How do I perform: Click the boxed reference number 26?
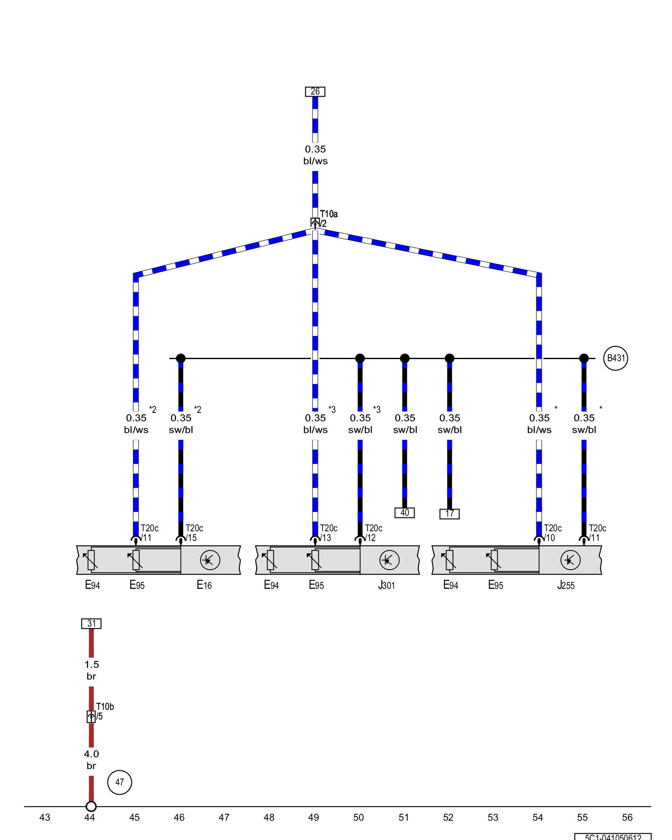point(315,92)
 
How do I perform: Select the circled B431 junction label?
point(615,358)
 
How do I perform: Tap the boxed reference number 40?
point(404,512)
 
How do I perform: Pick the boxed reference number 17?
point(449,514)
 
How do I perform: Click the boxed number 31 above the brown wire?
point(91,624)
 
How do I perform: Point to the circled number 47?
point(120,782)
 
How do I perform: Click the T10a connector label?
point(328,214)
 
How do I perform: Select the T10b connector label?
point(105,707)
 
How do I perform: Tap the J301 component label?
point(386,585)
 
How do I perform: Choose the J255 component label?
point(566,585)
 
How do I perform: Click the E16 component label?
point(204,585)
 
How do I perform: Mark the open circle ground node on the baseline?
point(91,806)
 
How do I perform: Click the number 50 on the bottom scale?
point(358,817)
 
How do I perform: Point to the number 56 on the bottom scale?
point(627,817)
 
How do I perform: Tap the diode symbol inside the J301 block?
point(389,560)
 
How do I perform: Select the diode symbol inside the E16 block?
point(210,560)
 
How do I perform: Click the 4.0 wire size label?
point(91,754)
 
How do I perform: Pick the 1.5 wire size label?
point(91,664)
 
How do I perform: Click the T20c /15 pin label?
point(194,533)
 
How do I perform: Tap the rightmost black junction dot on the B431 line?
point(584,358)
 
